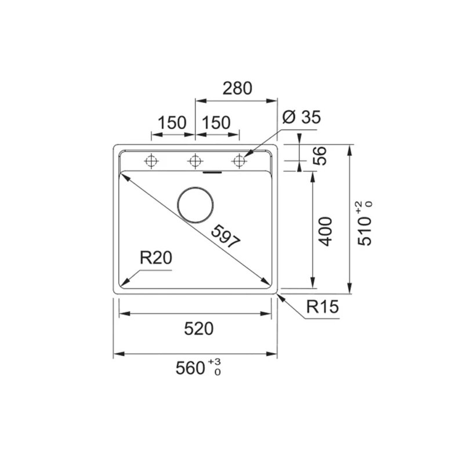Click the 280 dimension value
[x=237, y=88]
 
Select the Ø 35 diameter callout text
[x=301, y=117]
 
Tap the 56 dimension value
[x=320, y=155]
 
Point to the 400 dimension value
[x=325, y=231]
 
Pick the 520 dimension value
[x=198, y=328]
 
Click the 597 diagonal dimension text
[x=226, y=237]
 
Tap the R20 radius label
[x=155, y=258]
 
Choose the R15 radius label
[x=322, y=307]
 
